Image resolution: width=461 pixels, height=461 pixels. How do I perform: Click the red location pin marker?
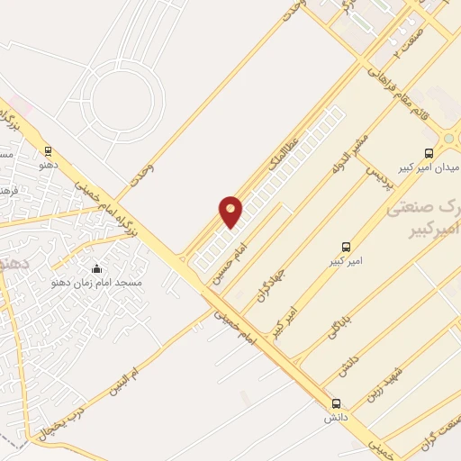pyautogui.click(x=230, y=211)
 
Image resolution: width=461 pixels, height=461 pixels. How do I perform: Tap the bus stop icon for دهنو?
pyautogui.click(x=48, y=151)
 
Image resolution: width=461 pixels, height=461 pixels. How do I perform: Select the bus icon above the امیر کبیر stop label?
pyautogui.click(x=346, y=247)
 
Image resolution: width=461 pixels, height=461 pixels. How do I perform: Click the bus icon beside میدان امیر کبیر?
pyautogui.click(x=429, y=154)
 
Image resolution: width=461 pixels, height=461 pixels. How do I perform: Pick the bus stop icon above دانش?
pyautogui.click(x=337, y=403)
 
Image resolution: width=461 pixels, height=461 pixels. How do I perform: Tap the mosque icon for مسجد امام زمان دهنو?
pyautogui.click(x=97, y=268)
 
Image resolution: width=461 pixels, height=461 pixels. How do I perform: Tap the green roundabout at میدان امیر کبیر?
pyautogui.click(x=448, y=139)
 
